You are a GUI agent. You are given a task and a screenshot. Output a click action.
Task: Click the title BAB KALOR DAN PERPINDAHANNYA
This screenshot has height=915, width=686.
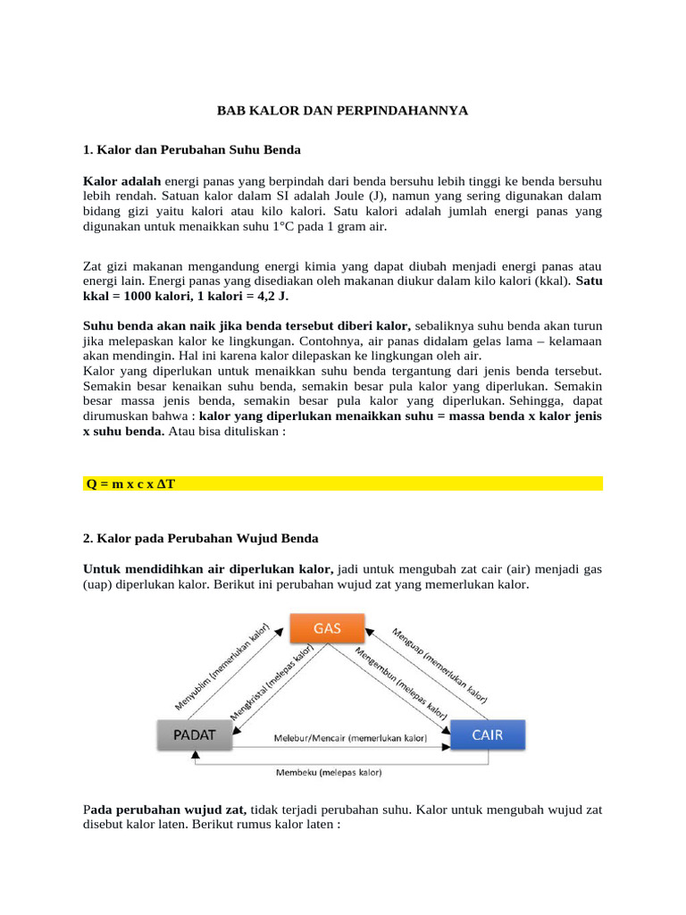(x=343, y=110)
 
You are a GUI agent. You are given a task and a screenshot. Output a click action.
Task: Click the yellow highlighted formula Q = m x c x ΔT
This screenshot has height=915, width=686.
(x=130, y=483)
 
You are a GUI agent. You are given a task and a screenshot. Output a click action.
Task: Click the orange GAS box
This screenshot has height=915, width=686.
(x=326, y=627)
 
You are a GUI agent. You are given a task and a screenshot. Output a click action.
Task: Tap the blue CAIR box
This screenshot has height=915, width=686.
(x=487, y=735)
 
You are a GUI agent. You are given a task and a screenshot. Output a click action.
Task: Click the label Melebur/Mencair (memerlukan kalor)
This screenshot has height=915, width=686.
(x=349, y=739)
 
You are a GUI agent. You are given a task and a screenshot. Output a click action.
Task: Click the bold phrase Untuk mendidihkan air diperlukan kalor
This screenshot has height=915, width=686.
(x=208, y=569)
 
